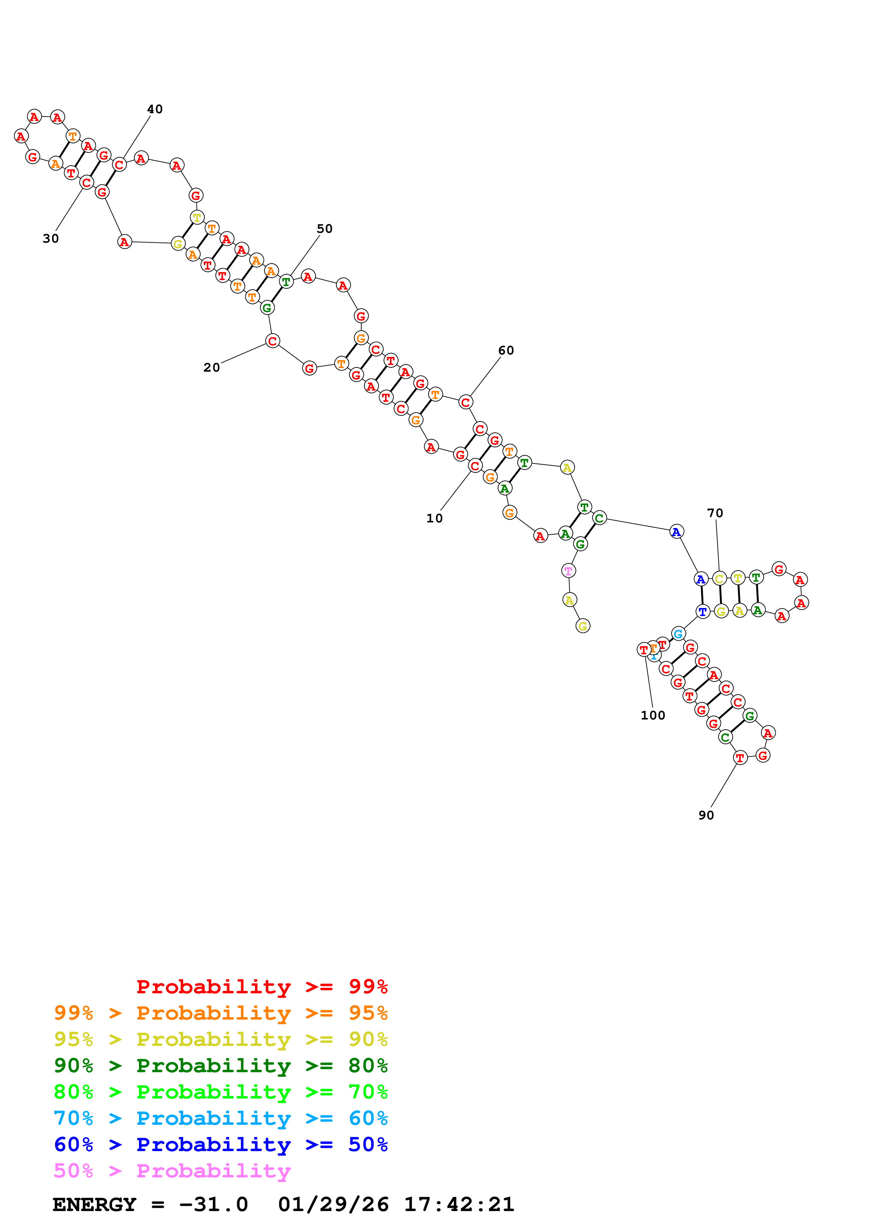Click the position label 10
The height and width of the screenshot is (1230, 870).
434,518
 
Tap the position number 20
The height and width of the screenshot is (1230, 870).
211,367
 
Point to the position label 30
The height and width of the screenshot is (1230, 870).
51,238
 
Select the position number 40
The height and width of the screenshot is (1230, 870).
154,109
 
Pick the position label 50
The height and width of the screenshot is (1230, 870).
324,229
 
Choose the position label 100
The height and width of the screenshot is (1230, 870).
652,715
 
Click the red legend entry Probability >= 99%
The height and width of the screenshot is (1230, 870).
261,986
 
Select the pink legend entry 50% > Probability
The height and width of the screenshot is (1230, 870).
172,1170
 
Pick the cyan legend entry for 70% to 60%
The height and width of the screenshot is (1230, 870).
220,1118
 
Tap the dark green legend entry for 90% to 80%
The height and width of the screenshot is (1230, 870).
220,1066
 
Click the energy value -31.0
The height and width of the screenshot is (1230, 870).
213,1204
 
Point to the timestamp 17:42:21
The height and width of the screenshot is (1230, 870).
459,1204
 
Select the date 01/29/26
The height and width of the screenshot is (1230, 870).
333,1204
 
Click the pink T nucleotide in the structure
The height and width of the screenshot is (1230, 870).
568,570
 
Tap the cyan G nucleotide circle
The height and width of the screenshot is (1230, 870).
678,634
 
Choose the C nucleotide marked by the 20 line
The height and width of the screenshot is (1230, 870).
272,341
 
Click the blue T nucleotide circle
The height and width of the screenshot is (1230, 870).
702,611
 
